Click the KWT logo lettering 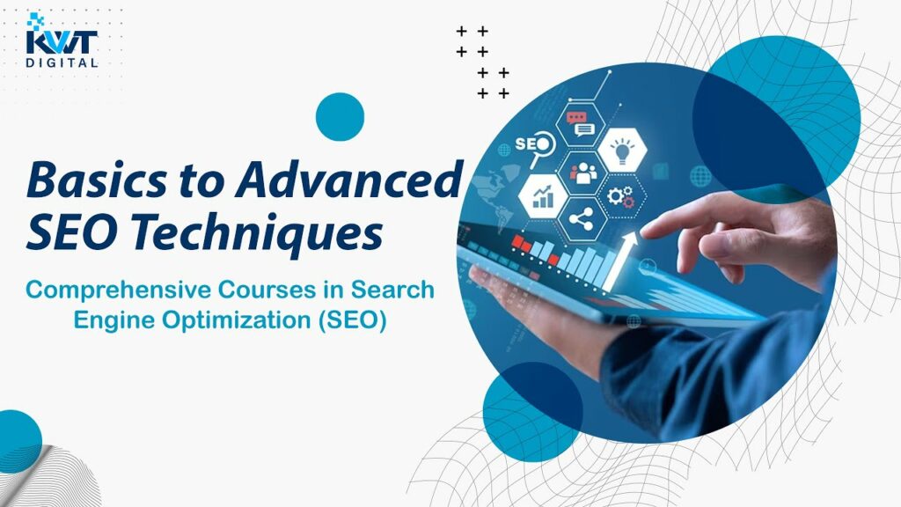click(62, 41)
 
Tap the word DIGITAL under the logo click(62, 62)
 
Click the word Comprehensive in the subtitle click(119, 290)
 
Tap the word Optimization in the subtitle click(236, 320)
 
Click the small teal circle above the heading click(341, 117)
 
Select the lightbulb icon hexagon click(622, 150)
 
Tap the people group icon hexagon click(582, 173)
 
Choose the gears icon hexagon click(621, 196)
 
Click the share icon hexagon click(582, 219)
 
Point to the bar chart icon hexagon click(543, 196)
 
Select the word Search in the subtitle click(392, 290)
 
